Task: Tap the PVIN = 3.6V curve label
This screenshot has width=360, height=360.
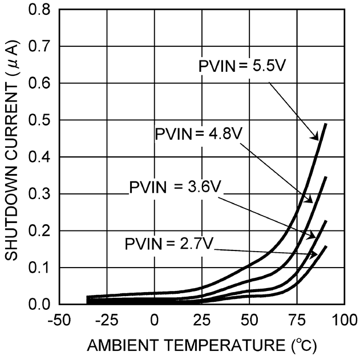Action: pos(173,187)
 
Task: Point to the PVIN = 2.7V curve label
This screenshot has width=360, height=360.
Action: pos(169,244)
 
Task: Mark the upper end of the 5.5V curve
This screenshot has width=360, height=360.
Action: pos(326,124)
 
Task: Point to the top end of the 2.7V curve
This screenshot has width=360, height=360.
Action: pos(326,246)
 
